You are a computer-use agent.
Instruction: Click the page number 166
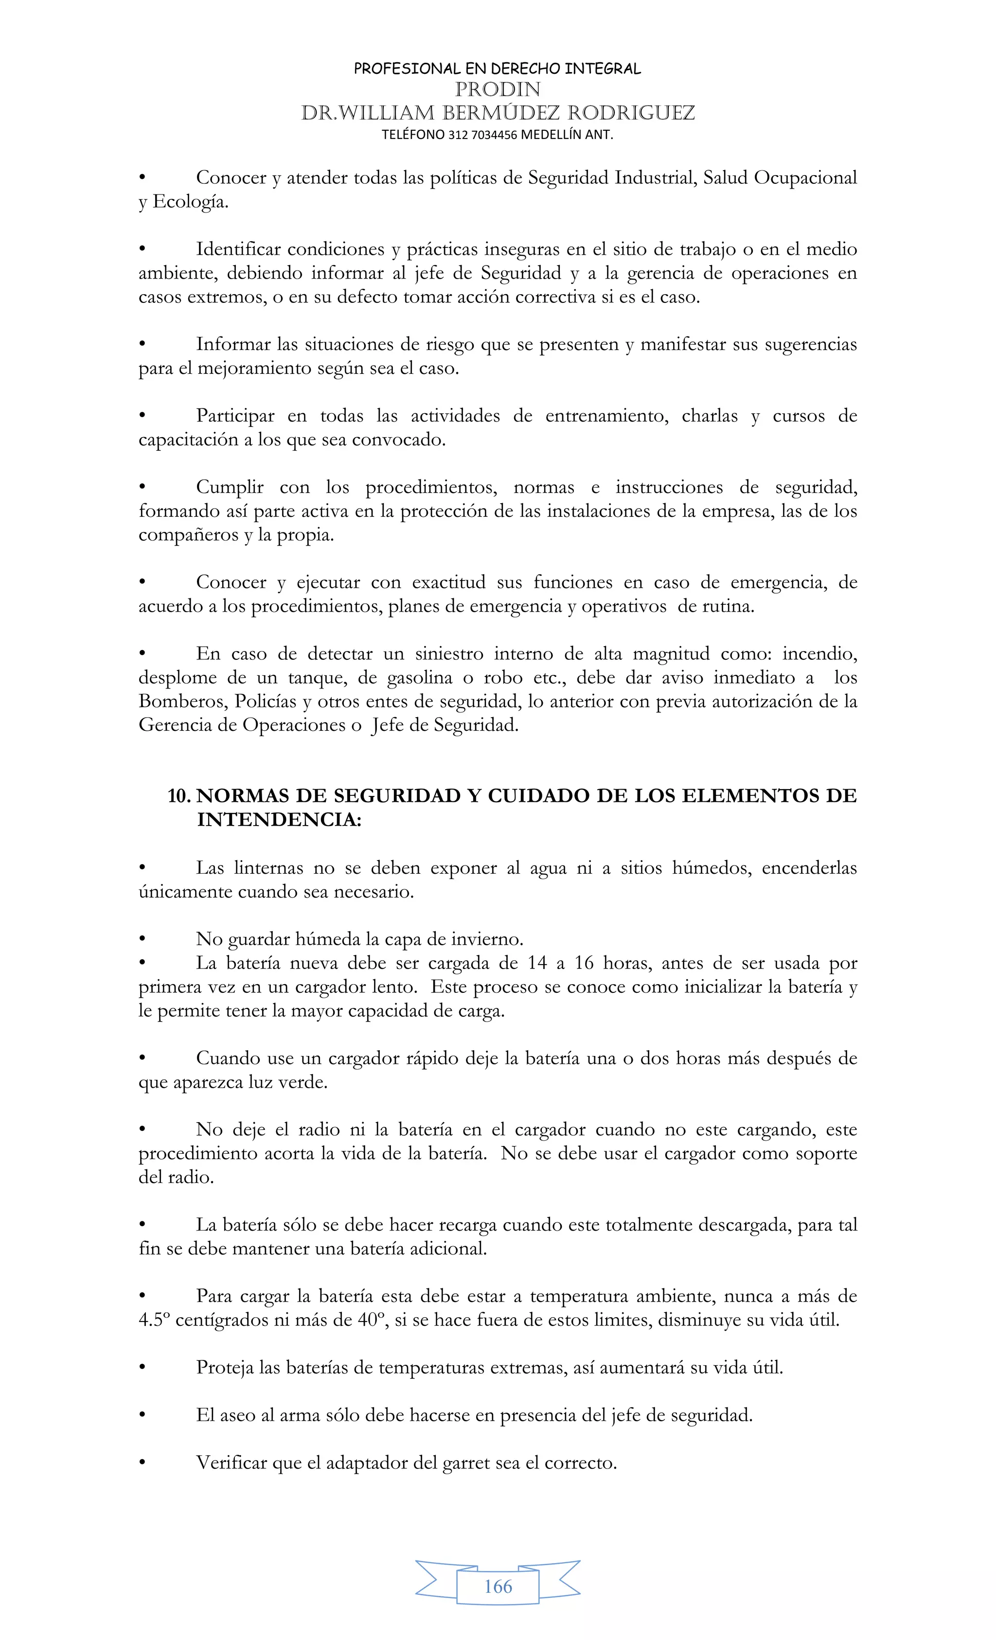pos(498,1587)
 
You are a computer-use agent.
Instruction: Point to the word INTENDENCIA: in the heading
pos(279,820)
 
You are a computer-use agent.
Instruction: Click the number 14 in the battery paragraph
pos(537,963)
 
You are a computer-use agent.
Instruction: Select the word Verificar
pos(231,1463)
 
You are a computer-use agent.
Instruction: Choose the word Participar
pos(235,416)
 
